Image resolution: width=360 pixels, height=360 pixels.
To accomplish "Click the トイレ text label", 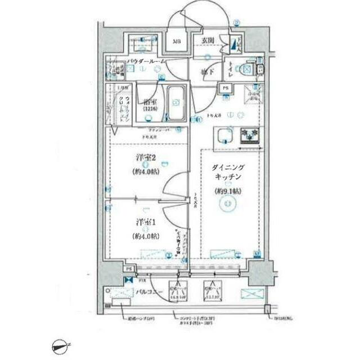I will [x=231, y=70].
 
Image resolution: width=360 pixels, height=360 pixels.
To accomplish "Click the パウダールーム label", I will [x=146, y=60].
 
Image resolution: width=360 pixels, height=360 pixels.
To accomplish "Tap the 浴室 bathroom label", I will [x=148, y=103].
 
